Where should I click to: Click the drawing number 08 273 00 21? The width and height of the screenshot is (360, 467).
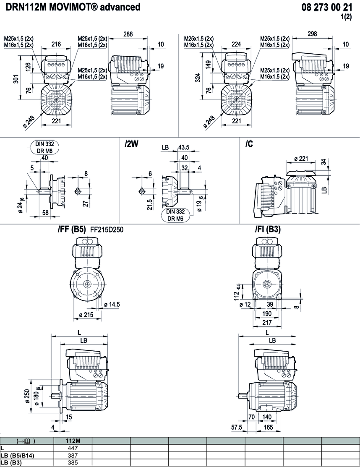(327, 7)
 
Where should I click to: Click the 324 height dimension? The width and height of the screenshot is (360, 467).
(198, 78)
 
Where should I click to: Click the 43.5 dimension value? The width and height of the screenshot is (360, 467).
(184, 148)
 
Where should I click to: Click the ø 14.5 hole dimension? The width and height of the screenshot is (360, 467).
(112, 304)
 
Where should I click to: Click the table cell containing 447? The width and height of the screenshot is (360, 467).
(73, 448)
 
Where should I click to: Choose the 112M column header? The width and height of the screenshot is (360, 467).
(73, 441)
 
